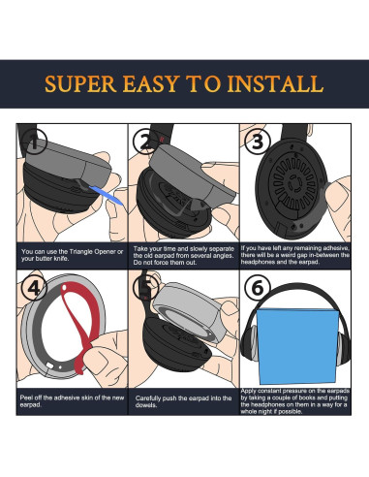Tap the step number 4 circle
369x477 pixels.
click(x=34, y=290)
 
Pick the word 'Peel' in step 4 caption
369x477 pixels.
click(x=29, y=398)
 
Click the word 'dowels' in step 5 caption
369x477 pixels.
click(x=149, y=404)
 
